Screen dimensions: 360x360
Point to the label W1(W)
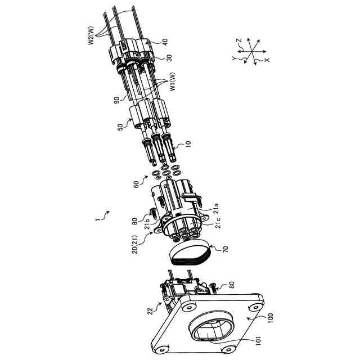coord(174,83)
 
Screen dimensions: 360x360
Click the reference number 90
coord(116,100)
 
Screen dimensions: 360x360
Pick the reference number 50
coord(120,128)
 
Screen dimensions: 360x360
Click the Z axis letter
coord(238,40)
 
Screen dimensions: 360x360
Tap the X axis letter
coord(267,59)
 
